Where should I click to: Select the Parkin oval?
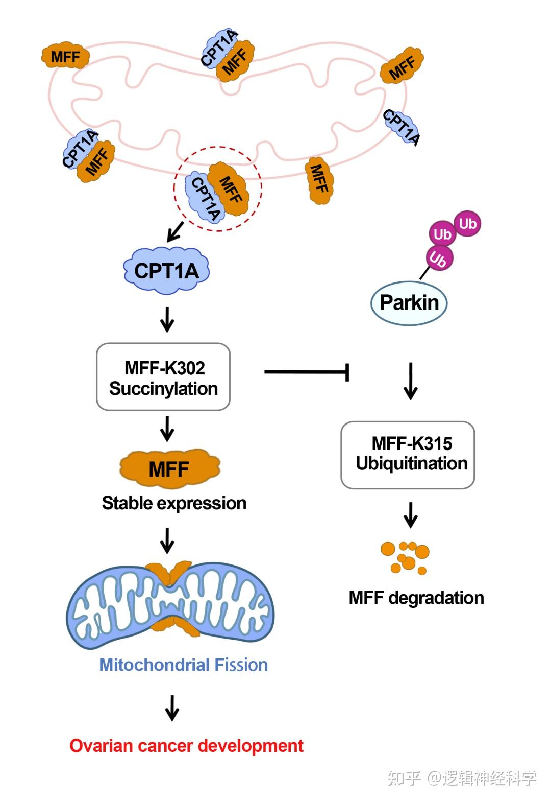pos(409,302)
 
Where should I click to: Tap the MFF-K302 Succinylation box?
pos(163,377)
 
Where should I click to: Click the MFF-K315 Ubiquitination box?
pos(408,454)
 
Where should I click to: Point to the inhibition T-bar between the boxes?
pos(307,372)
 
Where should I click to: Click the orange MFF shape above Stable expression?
pos(169,468)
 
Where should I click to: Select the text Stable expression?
pos(174,503)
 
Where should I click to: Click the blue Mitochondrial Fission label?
pos(183,665)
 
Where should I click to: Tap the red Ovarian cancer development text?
pos(186,746)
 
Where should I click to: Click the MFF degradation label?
pos(416,598)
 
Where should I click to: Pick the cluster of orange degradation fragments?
pos(406,557)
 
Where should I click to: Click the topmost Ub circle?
pos(467,224)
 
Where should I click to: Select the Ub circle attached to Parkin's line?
pos(438,258)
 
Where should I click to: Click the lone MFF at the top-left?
pos(65,57)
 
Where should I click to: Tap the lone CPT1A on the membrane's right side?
pos(402,127)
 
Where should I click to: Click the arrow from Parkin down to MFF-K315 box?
pos(411,381)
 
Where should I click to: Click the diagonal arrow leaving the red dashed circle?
pos(175,231)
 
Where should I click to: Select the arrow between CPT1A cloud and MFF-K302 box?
pos(167,319)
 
